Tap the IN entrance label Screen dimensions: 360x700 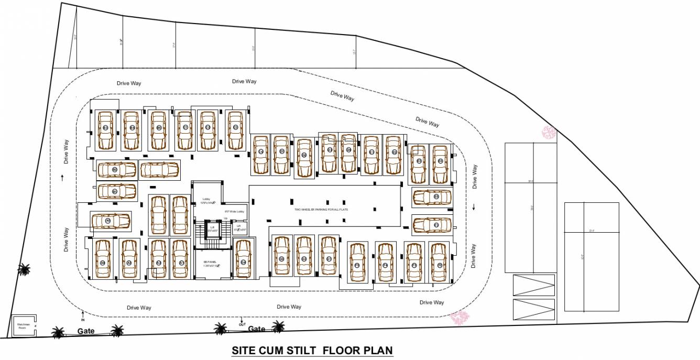point(82,319)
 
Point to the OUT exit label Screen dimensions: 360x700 point(242,324)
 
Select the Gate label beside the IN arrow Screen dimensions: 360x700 point(86,331)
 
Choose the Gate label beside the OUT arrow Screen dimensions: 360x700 point(257,329)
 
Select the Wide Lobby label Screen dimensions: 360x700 point(234,211)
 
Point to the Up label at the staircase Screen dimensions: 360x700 point(226,218)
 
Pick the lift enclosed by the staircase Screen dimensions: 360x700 point(212,230)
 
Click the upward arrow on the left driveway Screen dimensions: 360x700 point(62,178)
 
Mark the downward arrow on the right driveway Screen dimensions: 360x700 point(474,206)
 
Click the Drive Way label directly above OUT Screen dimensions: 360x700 point(289,307)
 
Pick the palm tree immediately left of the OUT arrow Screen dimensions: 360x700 point(221,329)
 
